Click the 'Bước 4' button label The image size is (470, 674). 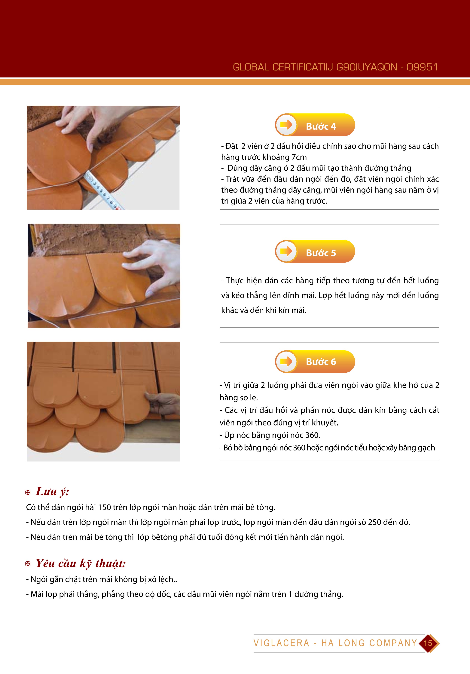coord(321,127)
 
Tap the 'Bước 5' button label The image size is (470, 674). coord(321,253)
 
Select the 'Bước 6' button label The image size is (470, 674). coord(321,362)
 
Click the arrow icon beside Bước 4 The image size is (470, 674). coord(286,125)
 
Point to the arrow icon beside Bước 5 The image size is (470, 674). coord(286,251)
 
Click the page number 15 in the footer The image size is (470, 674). coord(428,643)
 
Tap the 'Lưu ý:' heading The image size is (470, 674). coord(52,492)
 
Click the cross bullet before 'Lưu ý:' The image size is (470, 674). coord(28,493)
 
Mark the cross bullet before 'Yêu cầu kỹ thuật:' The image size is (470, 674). coord(28,564)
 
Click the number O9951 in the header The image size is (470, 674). coord(422,67)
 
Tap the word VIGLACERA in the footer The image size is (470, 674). coord(281,643)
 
